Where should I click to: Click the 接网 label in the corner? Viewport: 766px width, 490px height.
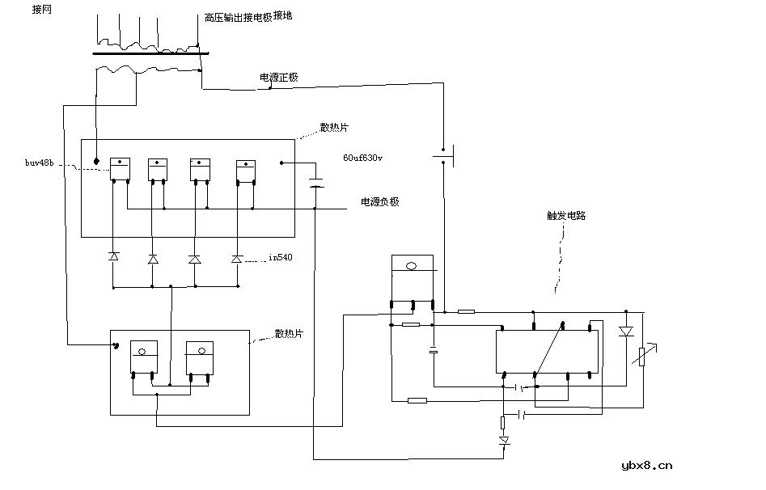[41, 10]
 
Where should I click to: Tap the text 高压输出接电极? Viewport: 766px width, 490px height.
[238, 16]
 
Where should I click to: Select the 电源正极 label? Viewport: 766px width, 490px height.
[278, 78]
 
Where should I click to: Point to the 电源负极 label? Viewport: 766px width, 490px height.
[379, 202]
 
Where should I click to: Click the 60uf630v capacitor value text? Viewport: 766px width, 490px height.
[363, 158]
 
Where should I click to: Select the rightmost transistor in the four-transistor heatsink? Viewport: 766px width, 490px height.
[246, 171]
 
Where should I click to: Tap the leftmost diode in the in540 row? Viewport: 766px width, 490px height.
[113, 257]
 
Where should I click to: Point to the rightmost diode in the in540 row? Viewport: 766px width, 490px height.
[236, 259]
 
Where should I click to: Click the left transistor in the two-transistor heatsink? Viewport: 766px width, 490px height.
[143, 357]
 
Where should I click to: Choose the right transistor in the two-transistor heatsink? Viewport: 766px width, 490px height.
[199, 357]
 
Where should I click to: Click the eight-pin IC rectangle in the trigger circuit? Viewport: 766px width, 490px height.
[548, 352]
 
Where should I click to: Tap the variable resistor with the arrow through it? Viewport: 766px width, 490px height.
[641, 354]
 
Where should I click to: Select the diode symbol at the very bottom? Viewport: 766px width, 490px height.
[505, 441]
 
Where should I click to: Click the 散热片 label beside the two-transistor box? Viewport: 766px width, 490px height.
[289, 333]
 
